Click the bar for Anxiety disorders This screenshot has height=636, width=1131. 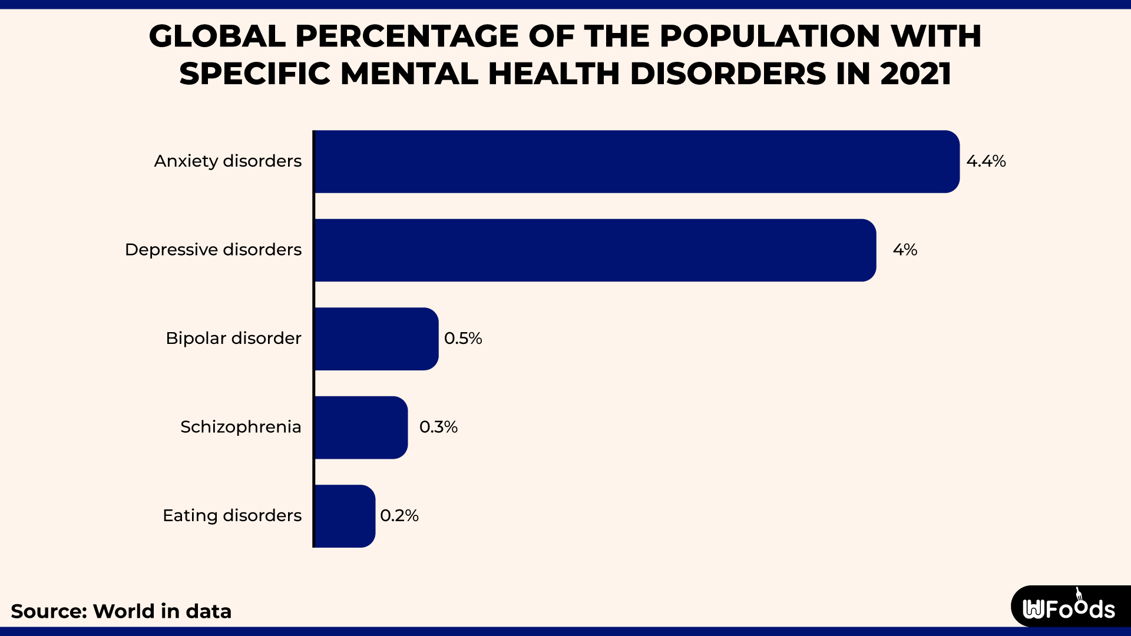(636, 161)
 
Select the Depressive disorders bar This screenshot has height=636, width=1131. (595, 250)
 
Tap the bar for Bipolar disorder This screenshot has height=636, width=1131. (376, 339)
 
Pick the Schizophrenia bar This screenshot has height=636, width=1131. (361, 428)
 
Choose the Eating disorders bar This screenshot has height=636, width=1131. (345, 516)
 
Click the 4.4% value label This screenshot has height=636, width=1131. (986, 161)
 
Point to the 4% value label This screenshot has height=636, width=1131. (905, 250)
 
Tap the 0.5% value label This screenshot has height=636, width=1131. (463, 339)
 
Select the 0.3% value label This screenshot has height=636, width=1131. (438, 427)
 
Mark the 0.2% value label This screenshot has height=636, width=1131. (399, 516)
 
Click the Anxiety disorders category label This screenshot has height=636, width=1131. (228, 161)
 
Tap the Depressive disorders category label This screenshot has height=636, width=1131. (213, 250)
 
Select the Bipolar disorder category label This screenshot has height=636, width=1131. (233, 339)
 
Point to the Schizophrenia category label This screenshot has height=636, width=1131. (240, 427)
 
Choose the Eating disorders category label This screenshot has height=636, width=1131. (232, 516)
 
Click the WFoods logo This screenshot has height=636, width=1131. (1069, 608)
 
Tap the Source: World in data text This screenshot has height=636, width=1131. (121, 611)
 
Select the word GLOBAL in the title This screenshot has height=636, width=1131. (217, 37)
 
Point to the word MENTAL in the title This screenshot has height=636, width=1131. (409, 74)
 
